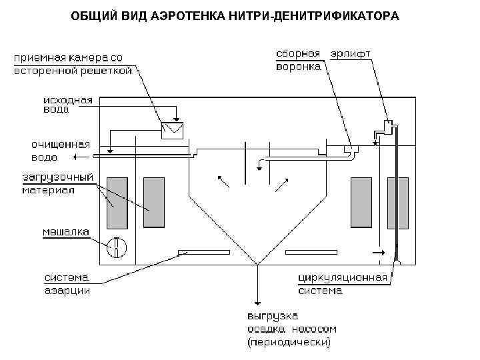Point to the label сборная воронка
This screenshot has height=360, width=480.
298,59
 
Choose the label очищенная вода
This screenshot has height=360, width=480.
61,151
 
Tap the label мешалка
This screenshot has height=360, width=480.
67,232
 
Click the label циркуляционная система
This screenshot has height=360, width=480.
342,283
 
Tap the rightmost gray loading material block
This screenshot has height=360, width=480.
398,202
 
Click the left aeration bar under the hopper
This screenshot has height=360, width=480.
203,252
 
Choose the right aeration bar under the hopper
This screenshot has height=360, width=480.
310,252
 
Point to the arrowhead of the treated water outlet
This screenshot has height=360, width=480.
77,157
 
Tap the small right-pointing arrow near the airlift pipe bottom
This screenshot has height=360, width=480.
379,253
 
